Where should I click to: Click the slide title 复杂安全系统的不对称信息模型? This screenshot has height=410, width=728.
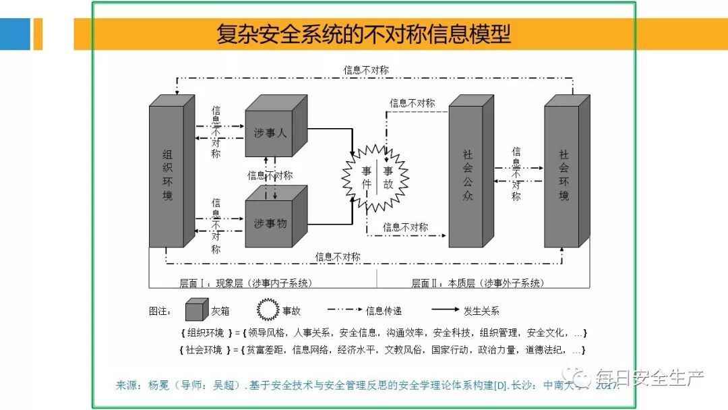tap(363, 34)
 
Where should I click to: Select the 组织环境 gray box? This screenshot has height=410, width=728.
tap(167, 175)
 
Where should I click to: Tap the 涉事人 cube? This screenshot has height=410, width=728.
tap(271, 134)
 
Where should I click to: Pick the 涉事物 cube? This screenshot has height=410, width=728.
tap(271, 223)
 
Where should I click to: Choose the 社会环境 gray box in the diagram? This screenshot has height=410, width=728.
tap(564, 175)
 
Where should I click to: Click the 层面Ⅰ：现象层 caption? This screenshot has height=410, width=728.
tap(245, 283)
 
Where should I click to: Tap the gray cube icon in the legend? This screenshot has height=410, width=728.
tap(197, 310)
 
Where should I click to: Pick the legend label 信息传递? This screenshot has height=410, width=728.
tap(384, 311)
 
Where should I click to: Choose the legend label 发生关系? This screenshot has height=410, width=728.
tap(481, 311)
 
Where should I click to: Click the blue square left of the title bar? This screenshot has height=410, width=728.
tap(15, 34)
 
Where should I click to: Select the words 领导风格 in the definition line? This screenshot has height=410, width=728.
tap(266, 332)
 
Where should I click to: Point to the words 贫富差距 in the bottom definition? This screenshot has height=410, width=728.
tap(266, 350)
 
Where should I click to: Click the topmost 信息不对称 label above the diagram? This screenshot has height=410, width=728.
tap(366, 70)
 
